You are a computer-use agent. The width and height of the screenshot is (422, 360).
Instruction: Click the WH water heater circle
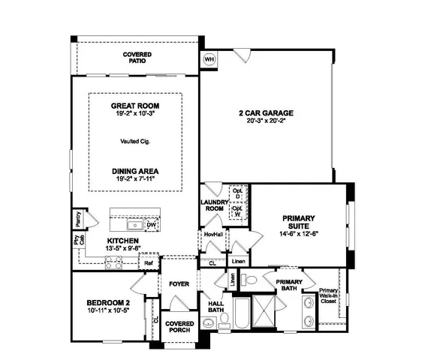(209, 58)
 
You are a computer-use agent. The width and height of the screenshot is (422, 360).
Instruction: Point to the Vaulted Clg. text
(135, 140)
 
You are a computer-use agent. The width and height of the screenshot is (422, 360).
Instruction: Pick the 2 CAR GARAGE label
(267, 113)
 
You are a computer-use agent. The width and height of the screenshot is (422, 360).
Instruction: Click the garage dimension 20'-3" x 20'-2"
(267, 121)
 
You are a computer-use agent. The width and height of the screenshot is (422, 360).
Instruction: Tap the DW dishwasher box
(151, 224)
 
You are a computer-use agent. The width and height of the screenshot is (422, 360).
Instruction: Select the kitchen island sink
(136, 224)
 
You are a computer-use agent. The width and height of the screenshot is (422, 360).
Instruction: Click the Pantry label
(78, 219)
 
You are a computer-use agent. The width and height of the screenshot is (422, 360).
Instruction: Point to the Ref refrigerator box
(149, 263)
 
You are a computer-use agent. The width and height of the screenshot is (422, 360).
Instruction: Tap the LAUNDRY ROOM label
(213, 205)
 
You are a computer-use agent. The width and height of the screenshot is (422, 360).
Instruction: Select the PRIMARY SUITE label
(299, 223)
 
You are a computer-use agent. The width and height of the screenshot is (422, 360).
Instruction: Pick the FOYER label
(178, 284)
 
